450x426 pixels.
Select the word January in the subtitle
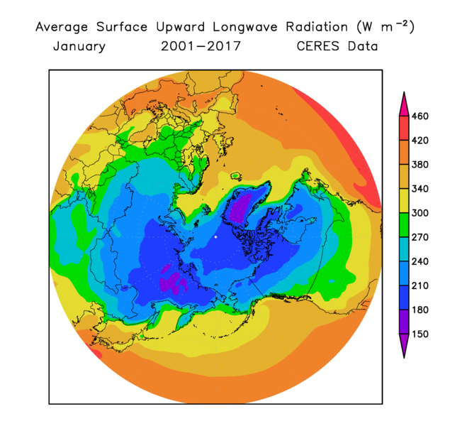79,47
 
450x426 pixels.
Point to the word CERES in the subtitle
319,47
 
